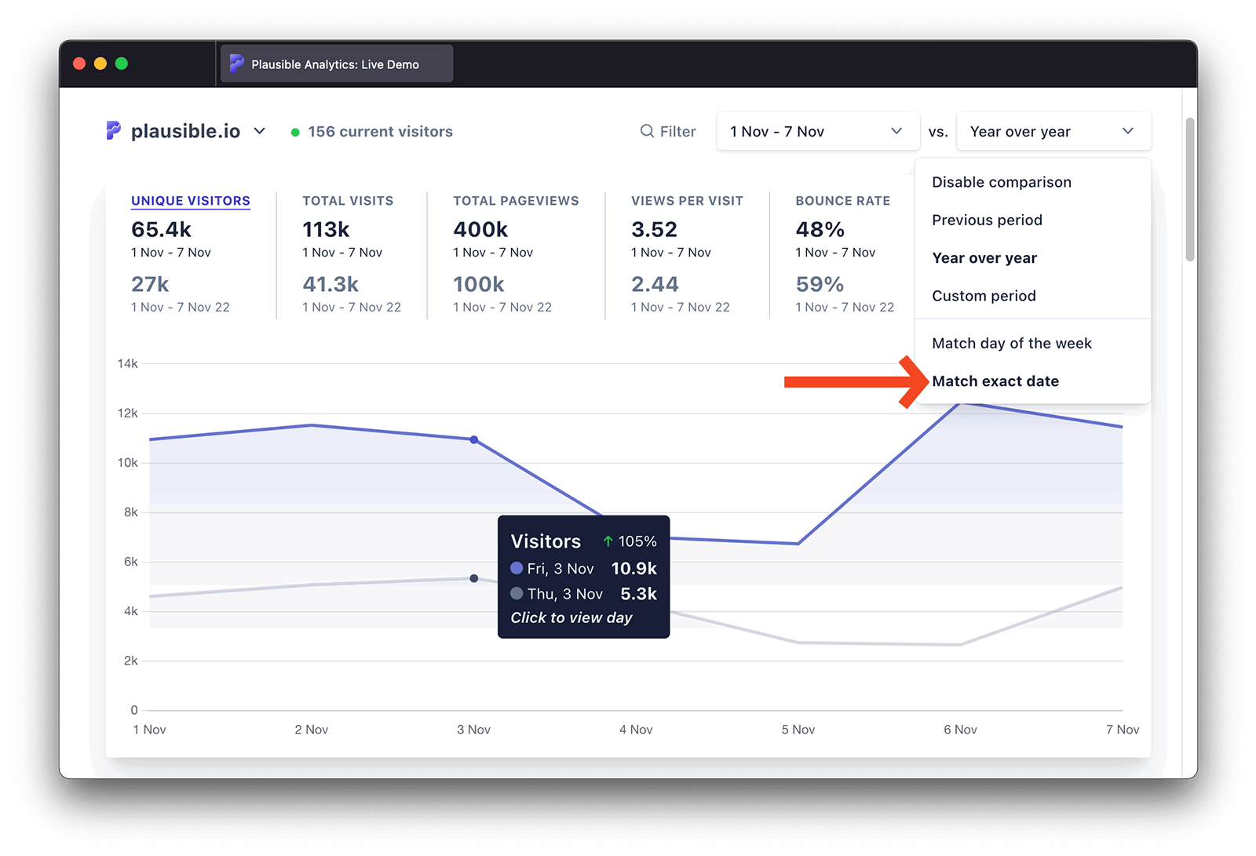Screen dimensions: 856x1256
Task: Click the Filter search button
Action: pos(668,132)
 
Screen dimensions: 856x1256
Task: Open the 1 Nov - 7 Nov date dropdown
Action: pos(817,132)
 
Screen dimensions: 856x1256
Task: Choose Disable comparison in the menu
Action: pos(1001,182)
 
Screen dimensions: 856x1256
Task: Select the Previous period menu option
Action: pos(987,220)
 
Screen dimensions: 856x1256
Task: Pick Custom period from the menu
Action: pos(984,296)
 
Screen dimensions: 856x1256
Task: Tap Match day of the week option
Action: pos(1011,344)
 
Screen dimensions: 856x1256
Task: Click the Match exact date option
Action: pos(995,381)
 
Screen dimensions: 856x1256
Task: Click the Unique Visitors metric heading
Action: pos(191,201)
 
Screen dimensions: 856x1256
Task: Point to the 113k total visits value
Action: pos(326,230)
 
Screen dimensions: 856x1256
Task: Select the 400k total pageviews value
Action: pos(480,230)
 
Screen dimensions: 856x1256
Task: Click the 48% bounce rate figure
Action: pos(820,230)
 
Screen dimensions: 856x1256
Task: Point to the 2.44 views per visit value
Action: pos(655,284)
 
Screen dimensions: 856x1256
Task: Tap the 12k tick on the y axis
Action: pos(127,413)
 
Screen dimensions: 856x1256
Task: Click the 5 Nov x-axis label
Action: pos(798,730)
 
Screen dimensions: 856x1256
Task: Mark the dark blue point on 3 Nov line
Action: pos(474,440)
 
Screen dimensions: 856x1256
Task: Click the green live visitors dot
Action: pos(295,133)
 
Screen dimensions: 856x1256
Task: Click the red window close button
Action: pos(79,64)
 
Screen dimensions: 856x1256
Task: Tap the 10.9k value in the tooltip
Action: pos(633,569)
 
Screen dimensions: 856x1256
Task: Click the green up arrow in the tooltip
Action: pos(608,541)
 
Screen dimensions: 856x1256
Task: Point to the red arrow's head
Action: pos(918,382)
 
